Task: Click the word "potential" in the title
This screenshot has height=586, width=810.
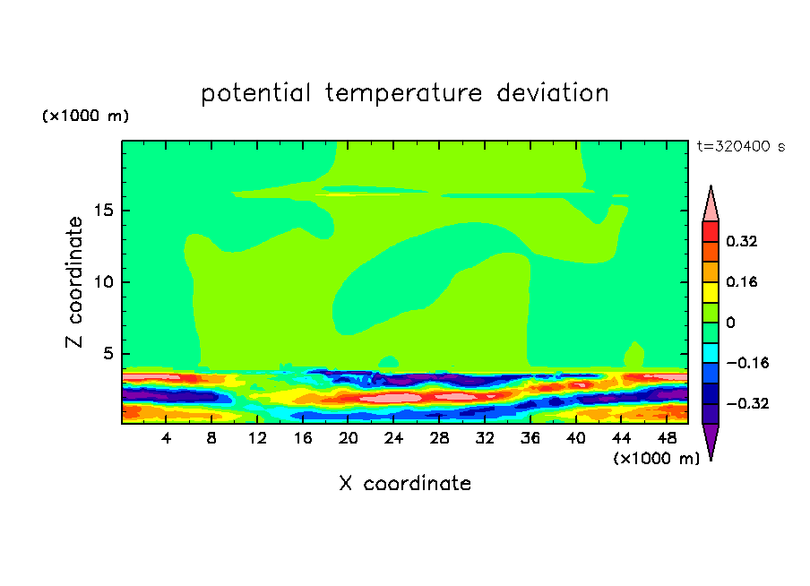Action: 255,93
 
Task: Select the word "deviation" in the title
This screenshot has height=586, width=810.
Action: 553,93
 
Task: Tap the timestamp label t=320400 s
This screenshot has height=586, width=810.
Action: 741,147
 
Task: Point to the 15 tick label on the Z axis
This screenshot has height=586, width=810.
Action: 104,211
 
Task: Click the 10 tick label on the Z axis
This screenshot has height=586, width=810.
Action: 104,282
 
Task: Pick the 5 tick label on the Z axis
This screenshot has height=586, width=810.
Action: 108,353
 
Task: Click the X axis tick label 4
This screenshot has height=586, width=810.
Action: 166,438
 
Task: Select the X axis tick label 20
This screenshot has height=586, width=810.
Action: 349,438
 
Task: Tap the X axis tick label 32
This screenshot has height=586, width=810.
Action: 485,438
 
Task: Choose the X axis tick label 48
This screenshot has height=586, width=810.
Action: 667,438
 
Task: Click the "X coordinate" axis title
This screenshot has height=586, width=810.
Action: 405,483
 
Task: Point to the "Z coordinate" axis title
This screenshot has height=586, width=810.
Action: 74,282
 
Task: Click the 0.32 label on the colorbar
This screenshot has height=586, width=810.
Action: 742,241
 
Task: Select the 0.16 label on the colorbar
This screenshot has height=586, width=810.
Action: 742,281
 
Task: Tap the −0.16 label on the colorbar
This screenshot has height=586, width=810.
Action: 747,363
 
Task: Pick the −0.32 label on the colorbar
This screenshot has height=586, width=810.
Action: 747,403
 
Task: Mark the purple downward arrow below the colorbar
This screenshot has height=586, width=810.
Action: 711,440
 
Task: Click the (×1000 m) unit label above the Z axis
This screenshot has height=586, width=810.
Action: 85,116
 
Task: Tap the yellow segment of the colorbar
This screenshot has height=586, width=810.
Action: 711,292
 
